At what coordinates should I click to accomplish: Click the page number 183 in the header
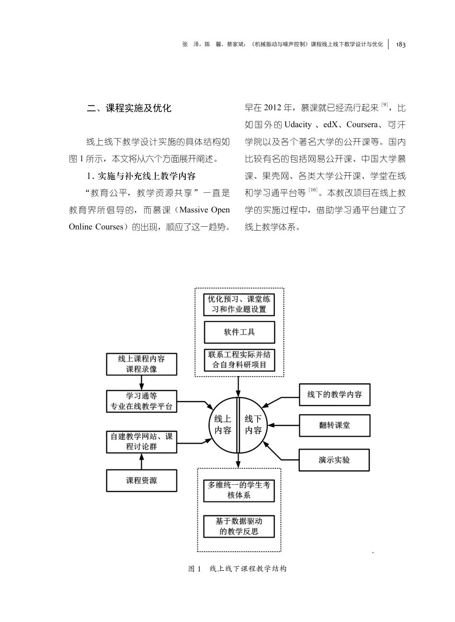click(x=401, y=44)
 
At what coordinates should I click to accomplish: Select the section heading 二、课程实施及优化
click(x=129, y=108)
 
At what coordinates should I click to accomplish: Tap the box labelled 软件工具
click(x=239, y=332)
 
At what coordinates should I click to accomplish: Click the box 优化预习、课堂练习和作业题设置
click(x=239, y=304)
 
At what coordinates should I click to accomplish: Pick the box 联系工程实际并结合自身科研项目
click(x=239, y=360)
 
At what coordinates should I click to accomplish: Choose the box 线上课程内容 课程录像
click(x=141, y=364)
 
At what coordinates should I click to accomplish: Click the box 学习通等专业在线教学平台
click(x=141, y=401)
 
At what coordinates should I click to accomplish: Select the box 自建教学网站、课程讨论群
click(x=141, y=442)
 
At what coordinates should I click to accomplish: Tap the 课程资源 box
click(x=141, y=480)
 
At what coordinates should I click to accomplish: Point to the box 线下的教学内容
click(x=334, y=395)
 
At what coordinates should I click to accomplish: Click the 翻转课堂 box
click(x=334, y=425)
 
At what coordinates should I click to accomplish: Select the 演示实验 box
click(x=334, y=460)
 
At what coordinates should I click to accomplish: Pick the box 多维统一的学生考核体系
click(x=239, y=490)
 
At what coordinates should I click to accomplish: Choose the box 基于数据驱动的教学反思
click(x=239, y=526)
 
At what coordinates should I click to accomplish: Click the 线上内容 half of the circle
click(x=223, y=424)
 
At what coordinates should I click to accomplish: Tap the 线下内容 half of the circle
click(x=253, y=424)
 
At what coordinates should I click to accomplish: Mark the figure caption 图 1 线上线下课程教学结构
click(x=238, y=569)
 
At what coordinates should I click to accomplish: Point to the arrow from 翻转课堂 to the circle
click(x=284, y=425)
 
